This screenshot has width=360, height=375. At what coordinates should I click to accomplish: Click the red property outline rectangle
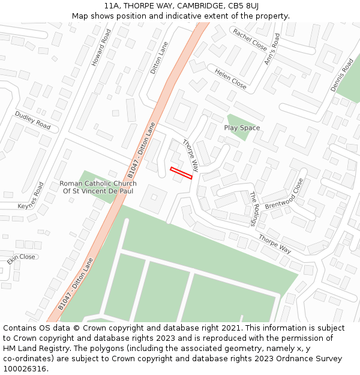pos(181,173)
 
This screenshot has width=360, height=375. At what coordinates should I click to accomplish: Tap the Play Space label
pos(242,128)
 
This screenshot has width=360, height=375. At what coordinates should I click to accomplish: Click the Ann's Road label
pos(272,49)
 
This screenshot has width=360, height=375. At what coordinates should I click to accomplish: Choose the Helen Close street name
pos(231,79)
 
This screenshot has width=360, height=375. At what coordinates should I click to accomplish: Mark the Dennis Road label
pos(342,75)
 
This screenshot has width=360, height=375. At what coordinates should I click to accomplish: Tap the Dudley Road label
pos(33,121)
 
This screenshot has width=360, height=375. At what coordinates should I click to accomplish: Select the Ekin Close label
pos(22,257)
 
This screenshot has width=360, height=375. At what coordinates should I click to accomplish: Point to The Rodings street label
pos(253,209)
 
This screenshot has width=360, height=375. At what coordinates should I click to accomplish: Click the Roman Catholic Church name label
pos(98,187)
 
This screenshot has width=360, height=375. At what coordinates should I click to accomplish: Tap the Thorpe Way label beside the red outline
pos(190,155)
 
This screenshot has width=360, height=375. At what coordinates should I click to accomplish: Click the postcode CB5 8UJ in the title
pos(243,6)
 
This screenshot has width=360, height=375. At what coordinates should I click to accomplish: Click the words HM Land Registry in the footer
pos(34,348)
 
